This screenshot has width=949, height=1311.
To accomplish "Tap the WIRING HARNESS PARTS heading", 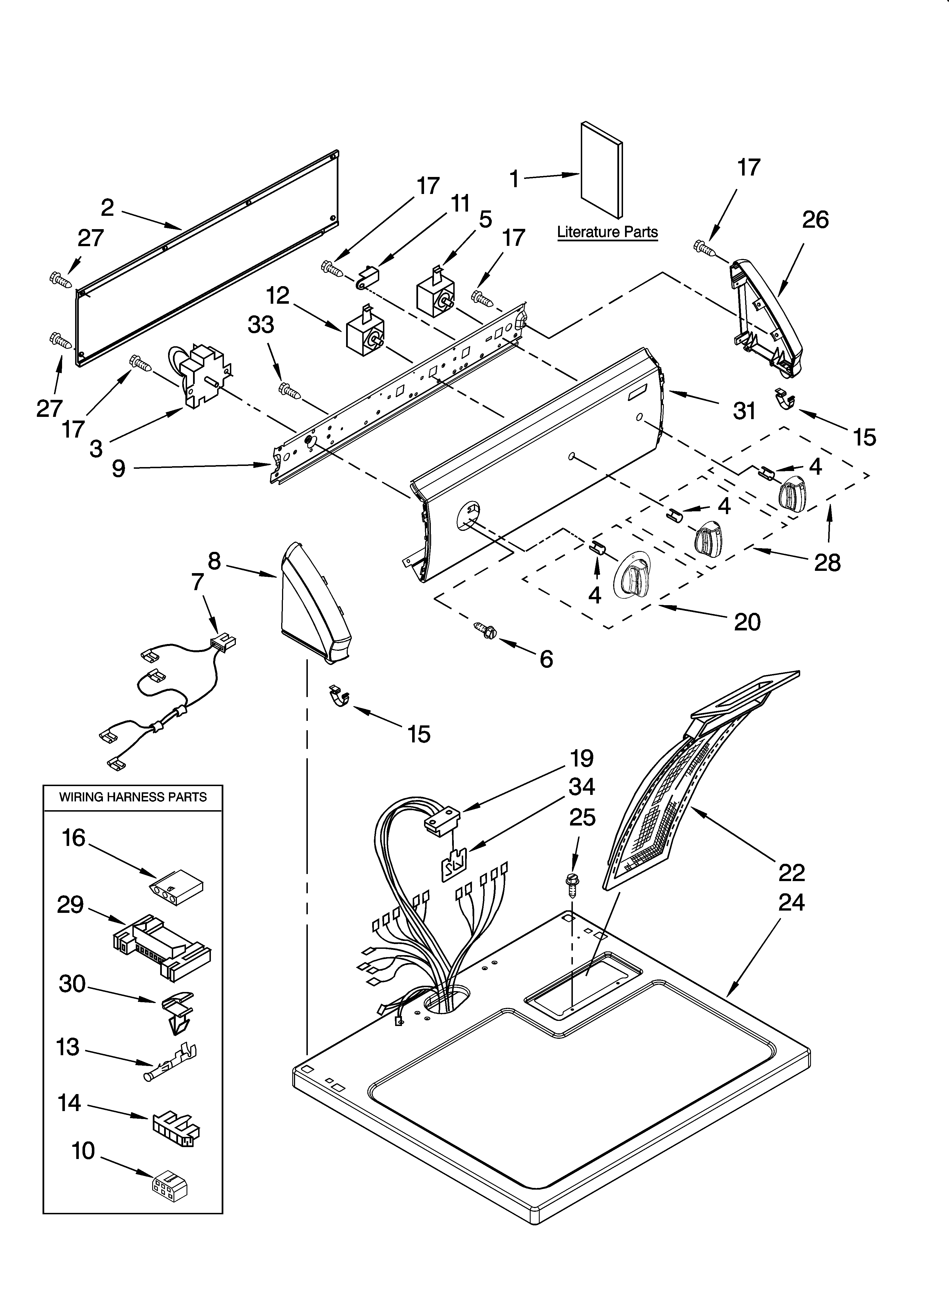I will pyautogui.click(x=133, y=797).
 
